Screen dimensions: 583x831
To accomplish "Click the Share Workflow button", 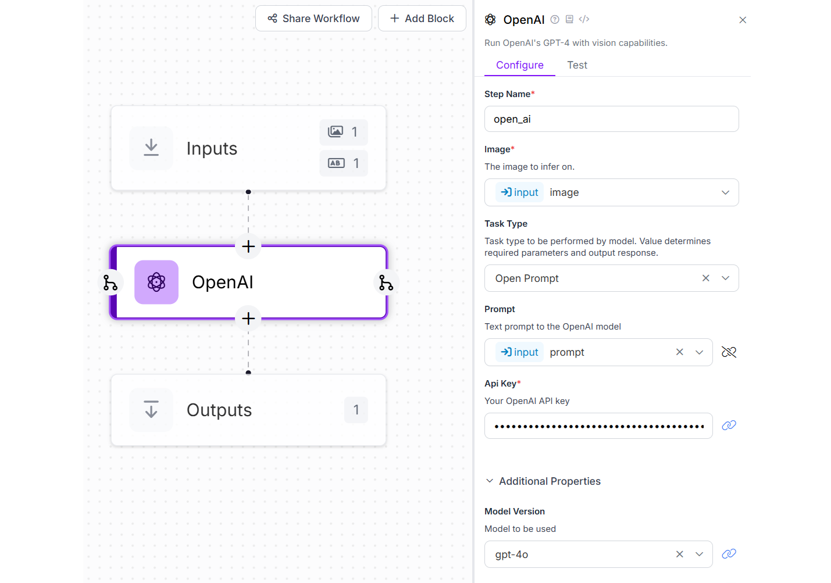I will tap(313, 19).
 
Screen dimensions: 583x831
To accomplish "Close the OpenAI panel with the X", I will tap(743, 20).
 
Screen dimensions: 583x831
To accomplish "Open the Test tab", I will tap(577, 65).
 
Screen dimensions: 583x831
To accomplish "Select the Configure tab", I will tap(519, 65).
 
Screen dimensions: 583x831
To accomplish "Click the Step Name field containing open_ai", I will tap(611, 119).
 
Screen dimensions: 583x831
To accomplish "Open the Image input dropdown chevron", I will tap(725, 192).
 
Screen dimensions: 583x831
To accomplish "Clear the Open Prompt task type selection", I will tap(705, 278).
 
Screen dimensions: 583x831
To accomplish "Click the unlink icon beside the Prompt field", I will tap(729, 352).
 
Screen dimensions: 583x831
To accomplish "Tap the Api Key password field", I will tap(598, 426).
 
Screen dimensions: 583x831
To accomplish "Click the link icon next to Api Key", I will tap(729, 425).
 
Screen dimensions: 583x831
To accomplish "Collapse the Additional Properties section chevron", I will tap(490, 481).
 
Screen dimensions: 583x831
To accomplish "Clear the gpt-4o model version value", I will tap(679, 555).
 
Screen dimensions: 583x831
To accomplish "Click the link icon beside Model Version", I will tap(729, 554).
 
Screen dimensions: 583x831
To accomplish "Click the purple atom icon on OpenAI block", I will tap(156, 282).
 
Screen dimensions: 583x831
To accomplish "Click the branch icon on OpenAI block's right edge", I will tap(386, 282).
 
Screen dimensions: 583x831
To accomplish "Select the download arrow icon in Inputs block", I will tap(151, 148).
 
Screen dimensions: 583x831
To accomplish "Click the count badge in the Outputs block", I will tap(356, 410).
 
